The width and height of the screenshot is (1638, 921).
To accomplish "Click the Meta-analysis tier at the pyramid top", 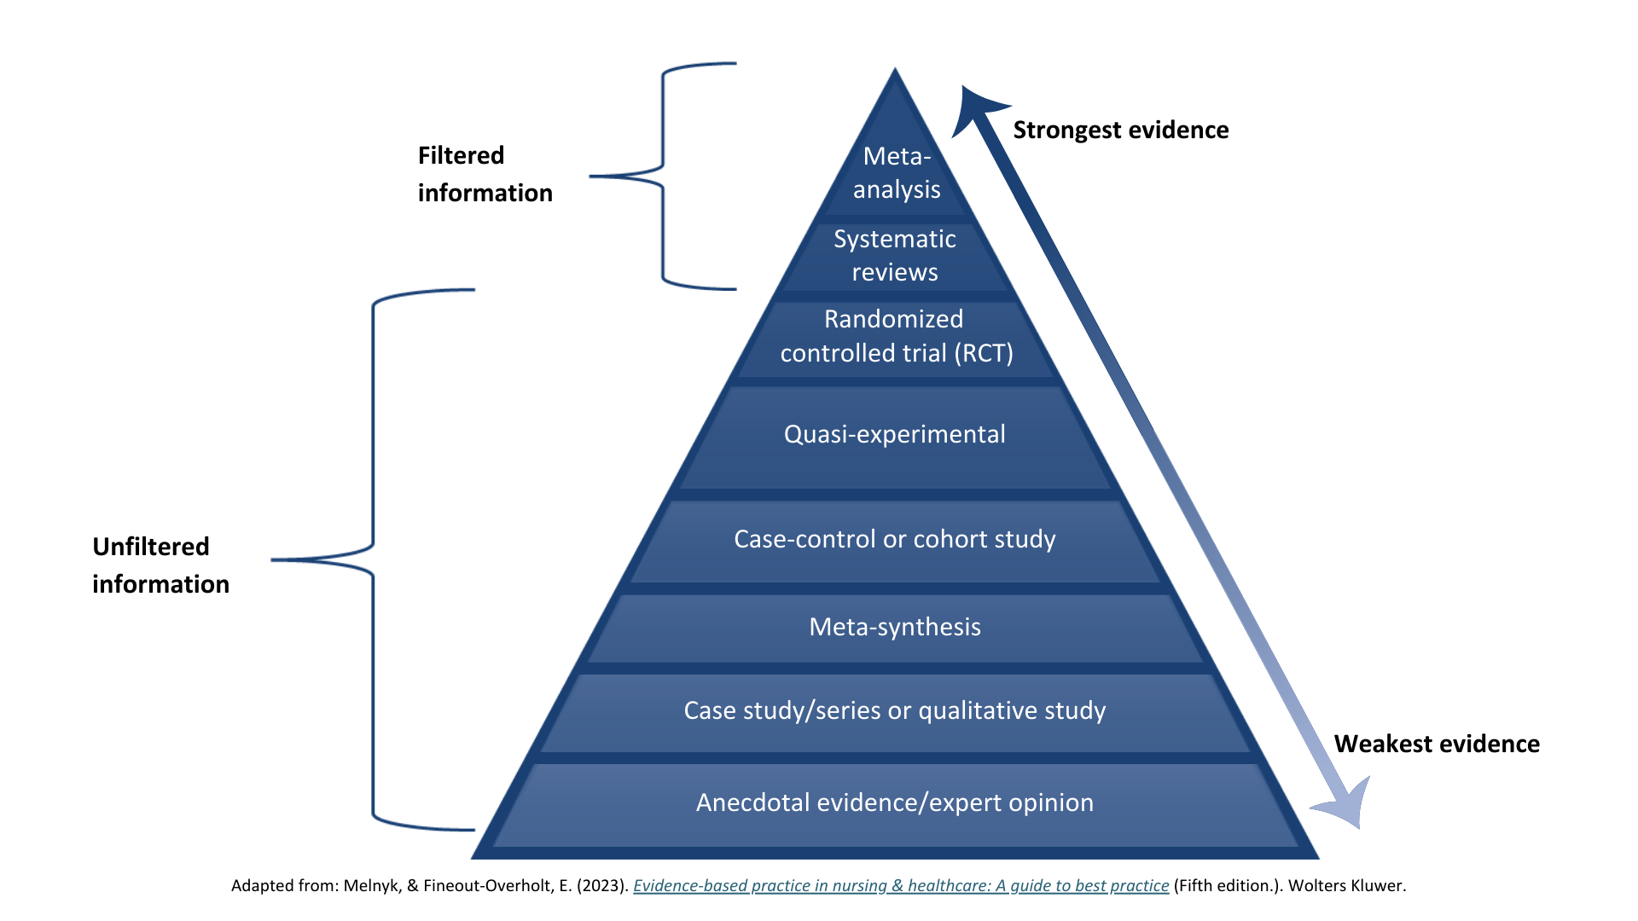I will [x=896, y=173].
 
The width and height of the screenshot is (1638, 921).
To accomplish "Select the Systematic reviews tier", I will [x=895, y=256].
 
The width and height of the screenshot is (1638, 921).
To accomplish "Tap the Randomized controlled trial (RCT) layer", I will [x=896, y=336].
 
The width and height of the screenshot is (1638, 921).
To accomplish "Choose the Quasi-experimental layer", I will [x=895, y=435].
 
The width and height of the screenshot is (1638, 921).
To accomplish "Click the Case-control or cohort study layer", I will [x=895, y=540].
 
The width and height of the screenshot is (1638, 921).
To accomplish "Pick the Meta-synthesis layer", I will [x=895, y=628].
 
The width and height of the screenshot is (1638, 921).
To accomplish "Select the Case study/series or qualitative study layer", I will [x=895, y=711].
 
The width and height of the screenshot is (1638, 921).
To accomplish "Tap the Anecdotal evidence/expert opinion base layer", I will [x=895, y=803].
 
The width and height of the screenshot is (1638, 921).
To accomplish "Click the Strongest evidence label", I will [x=1120, y=130].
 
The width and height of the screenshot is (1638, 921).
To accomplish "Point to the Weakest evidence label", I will [x=1437, y=744].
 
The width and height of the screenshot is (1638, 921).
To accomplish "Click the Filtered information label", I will [x=484, y=174].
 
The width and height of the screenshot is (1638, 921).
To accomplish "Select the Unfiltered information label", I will [x=160, y=565].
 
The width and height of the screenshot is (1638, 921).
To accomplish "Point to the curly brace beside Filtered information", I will [x=663, y=177].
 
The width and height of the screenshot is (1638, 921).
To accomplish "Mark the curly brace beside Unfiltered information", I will [x=373, y=559].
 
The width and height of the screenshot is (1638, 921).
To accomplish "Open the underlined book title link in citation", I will [x=901, y=886].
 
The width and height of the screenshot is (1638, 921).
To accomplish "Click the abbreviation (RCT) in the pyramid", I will [x=984, y=354].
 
